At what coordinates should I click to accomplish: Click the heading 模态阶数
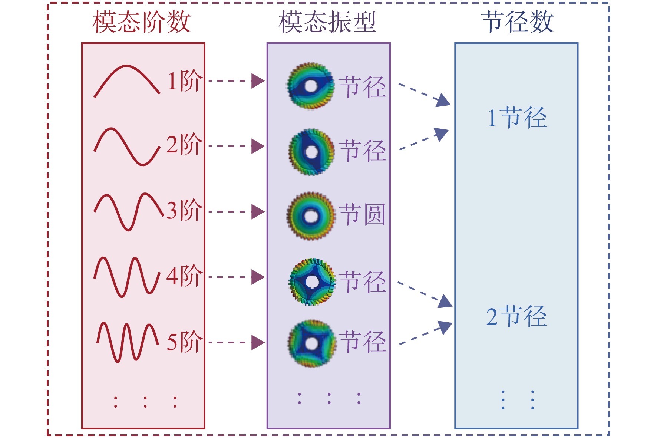pos(141,22)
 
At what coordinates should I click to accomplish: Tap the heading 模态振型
pos(328,22)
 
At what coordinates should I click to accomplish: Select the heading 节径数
pos(518,22)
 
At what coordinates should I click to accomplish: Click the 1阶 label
pos(185,80)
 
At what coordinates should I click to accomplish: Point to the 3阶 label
pos(184,210)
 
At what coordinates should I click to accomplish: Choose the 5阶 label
pos(184,342)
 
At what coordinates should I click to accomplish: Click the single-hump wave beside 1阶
pos(127,66)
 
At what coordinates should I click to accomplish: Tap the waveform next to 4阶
pos(127,277)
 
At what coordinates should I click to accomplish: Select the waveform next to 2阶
pos(127,146)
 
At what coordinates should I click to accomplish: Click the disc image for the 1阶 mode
pos(310,86)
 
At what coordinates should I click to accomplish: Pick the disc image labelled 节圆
pos(311,216)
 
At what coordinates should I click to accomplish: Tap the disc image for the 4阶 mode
pos(312,282)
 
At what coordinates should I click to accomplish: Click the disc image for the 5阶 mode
pos(312,343)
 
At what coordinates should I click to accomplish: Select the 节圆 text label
pos(363,214)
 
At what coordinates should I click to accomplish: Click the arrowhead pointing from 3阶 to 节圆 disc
pos(258,212)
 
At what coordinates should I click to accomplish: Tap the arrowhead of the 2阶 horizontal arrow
pos(258,146)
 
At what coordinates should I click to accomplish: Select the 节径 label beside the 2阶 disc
pos(363,151)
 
